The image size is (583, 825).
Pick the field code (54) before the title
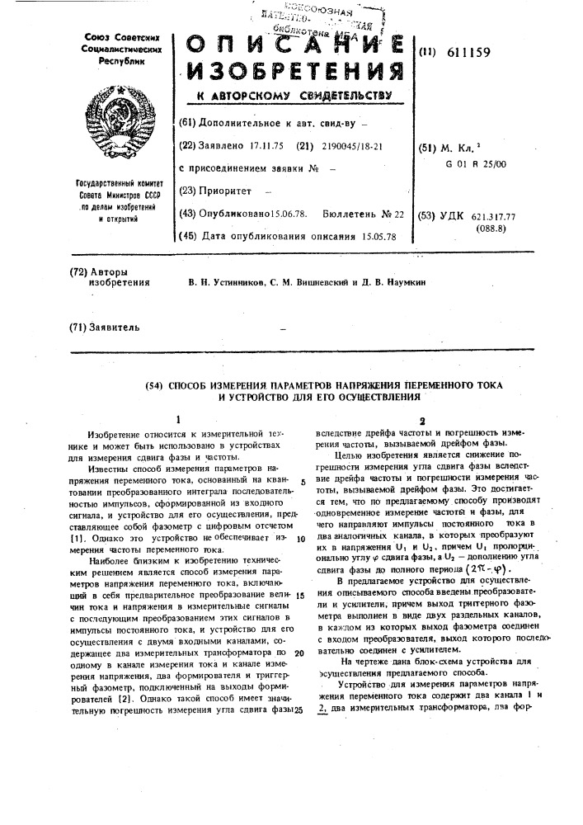[154, 385]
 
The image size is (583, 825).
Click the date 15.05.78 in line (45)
[379, 236]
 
